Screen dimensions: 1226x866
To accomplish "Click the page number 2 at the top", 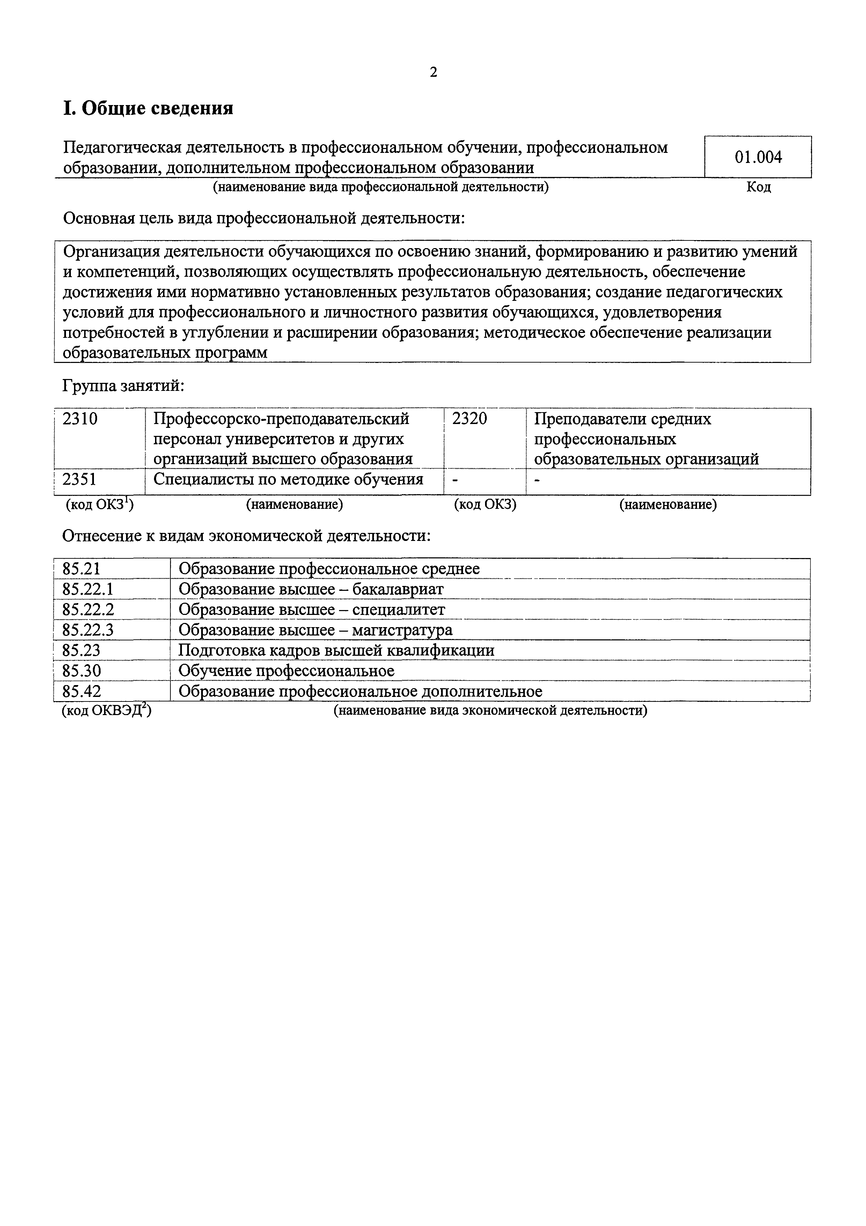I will coord(433,72).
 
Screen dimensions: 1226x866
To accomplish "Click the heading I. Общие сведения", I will coord(148,109).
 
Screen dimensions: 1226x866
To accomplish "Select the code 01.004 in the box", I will coord(758,157).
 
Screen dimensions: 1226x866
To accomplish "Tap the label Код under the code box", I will coord(758,187).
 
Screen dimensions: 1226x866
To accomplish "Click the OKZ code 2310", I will coord(80,419).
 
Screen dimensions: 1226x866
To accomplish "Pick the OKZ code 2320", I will coord(470,419).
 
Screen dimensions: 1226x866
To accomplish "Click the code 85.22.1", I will coord(88,589).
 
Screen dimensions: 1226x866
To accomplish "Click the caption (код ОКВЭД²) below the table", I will coord(106,711).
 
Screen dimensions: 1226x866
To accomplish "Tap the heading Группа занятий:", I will coord(123,386).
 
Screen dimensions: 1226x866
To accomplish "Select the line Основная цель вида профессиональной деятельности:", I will coord(264,218).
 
